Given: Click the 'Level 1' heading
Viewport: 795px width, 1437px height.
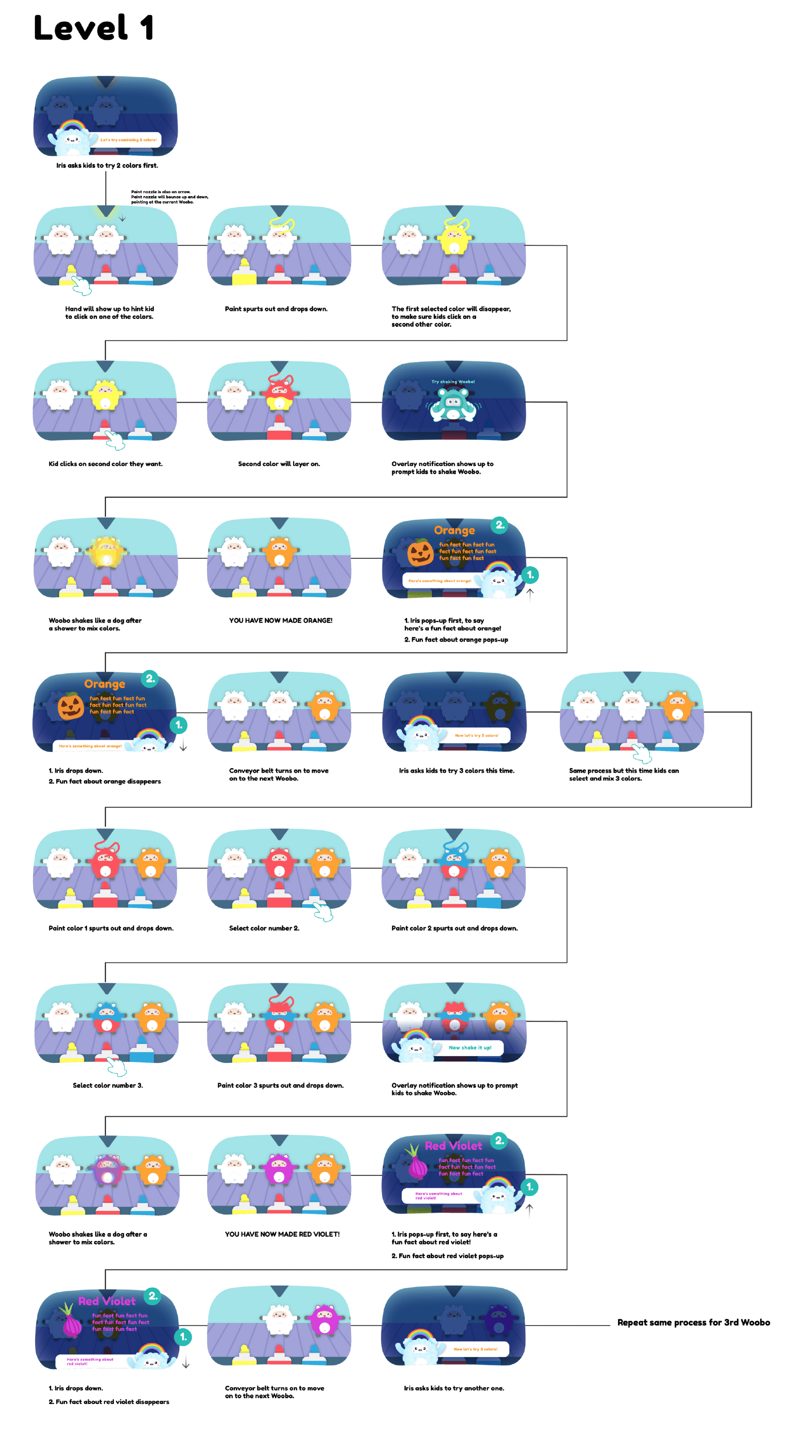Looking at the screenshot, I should pos(93,28).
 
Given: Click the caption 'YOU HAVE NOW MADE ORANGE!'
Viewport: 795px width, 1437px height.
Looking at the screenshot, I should pos(280,620).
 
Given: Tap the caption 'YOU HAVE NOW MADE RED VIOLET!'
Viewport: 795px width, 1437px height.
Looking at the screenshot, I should pos(282,1234).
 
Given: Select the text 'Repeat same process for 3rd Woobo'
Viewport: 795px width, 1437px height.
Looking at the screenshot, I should pos(693,1322).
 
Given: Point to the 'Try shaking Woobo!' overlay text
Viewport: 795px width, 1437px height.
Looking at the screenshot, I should pos(453,382).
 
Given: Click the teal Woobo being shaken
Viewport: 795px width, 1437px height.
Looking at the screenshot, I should pos(453,404).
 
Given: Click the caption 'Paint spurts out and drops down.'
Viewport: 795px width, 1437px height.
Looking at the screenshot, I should pos(276,308).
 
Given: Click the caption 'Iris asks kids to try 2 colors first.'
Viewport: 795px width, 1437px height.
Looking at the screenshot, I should pos(107,166).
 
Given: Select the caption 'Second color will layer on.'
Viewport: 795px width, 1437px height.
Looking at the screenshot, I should pos(279,464).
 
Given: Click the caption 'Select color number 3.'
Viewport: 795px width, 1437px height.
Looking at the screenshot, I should pos(107,1085).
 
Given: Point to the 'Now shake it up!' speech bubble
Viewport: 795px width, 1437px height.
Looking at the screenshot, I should pos(470,1048).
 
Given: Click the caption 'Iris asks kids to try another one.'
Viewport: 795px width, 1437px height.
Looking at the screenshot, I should pos(453,1388).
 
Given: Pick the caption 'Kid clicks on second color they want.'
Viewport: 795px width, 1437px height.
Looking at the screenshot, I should pos(105,464).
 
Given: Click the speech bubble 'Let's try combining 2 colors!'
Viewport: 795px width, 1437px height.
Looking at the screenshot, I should pos(128,140).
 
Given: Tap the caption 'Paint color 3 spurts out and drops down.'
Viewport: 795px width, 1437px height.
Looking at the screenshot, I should pos(280,1085).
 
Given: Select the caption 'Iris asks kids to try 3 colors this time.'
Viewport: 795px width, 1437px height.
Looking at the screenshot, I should pos(456,770).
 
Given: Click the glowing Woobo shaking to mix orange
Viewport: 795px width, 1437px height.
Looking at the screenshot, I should pos(105,552).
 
